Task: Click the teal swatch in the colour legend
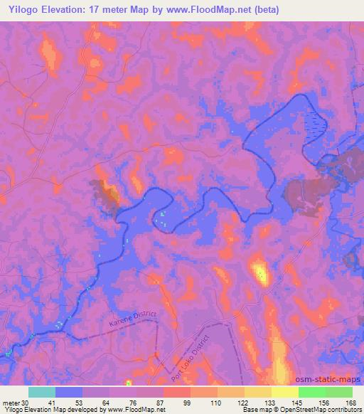(x=42, y=392)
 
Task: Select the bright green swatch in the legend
(x=312, y=392)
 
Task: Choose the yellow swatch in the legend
(x=285, y=392)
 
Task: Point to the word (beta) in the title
(x=263, y=10)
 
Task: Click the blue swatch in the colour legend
(x=69, y=392)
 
